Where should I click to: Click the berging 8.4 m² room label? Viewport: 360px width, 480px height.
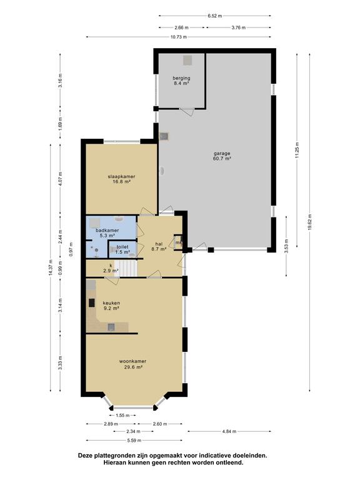(x=181, y=81)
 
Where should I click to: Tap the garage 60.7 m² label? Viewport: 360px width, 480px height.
(x=222, y=156)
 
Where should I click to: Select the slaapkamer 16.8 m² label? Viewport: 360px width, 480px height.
(x=121, y=179)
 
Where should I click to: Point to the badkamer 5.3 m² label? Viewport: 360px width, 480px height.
(x=107, y=233)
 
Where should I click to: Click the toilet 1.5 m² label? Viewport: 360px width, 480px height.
(x=122, y=249)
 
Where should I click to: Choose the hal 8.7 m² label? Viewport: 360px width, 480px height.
(x=159, y=246)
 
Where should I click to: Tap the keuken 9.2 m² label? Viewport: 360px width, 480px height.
(x=111, y=306)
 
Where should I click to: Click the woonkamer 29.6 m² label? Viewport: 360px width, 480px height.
(x=133, y=364)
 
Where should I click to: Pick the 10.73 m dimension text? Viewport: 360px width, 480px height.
(x=179, y=37)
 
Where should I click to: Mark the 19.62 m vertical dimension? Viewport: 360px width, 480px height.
(x=309, y=222)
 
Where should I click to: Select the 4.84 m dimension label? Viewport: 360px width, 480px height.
(x=229, y=431)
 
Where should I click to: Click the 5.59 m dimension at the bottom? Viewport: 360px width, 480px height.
(x=134, y=441)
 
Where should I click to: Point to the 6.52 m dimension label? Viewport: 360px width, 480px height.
(x=215, y=16)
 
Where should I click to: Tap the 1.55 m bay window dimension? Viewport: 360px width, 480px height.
(x=122, y=416)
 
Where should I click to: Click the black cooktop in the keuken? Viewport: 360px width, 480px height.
(x=92, y=302)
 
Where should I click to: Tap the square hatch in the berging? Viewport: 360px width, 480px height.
(x=188, y=60)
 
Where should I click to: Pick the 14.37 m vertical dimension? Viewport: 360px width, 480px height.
(x=51, y=267)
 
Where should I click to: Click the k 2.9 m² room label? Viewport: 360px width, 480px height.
(x=111, y=268)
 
